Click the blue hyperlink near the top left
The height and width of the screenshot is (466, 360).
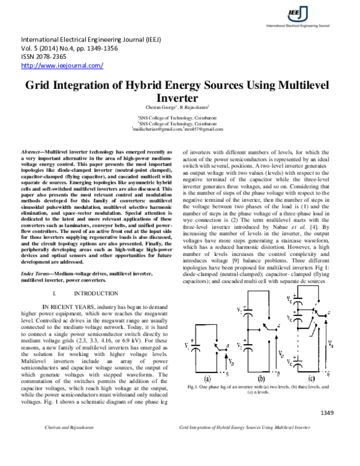coord(62,65)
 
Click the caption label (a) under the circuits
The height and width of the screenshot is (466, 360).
coord(208,379)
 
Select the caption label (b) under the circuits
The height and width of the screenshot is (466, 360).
coord(261,379)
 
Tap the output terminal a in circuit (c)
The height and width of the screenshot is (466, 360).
coord(328,313)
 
